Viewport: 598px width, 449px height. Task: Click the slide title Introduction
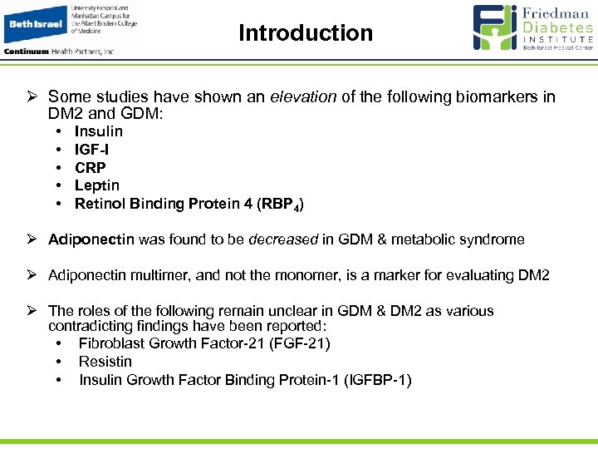click(x=306, y=33)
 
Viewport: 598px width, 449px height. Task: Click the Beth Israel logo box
click(x=34, y=25)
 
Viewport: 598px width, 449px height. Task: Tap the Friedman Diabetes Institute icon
click(x=495, y=28)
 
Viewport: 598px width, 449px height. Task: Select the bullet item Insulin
click(x=98, y=131)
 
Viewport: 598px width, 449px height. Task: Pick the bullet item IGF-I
click(x=91, y=150)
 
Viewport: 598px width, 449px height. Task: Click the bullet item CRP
click(x=90, y=167)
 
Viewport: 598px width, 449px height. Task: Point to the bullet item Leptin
click(x=96, y=185)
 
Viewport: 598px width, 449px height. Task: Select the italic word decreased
click(x=287, y=239)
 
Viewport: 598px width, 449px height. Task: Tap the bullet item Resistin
click(x=105, y=362)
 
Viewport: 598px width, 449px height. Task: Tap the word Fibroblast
click(x=111, y=343)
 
